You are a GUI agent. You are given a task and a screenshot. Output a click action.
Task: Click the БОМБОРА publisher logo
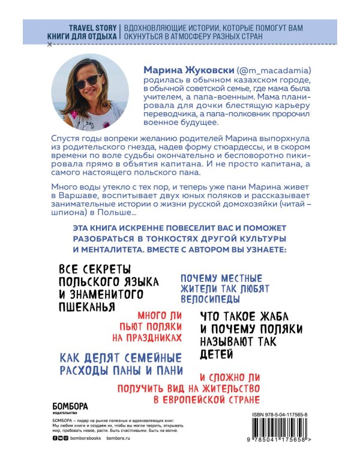tap(62, 406)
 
